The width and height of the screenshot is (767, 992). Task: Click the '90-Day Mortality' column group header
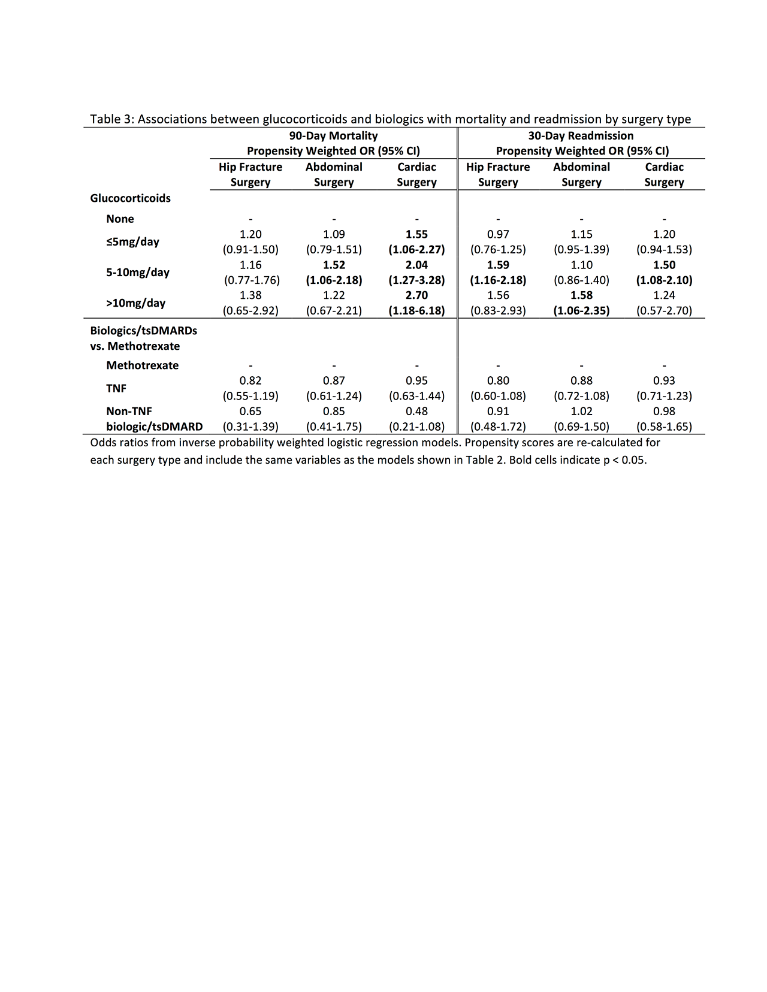tap(333, 136)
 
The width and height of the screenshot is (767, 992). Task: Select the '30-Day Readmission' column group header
tap(581, 136)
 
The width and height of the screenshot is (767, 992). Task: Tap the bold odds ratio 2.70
tap(416, 295)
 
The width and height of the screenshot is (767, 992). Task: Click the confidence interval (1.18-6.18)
tap(416, 310)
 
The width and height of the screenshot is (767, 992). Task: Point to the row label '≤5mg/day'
tap(132, 242)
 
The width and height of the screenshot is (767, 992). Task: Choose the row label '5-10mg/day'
tap(138, 273)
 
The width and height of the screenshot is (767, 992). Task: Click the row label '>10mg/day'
tap(135, 303)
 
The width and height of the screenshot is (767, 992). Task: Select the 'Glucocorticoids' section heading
tap(130, 198)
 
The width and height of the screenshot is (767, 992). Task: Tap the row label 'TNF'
tap(116, 388)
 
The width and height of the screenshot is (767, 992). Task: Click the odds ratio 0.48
tap(416, 411)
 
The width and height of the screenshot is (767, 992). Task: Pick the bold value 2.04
tap(416, 265)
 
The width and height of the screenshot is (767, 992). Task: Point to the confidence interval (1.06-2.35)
tap(581, 310)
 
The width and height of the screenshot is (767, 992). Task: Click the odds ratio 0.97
tap(498, 234)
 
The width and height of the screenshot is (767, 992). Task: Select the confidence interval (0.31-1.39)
tap(250, 427)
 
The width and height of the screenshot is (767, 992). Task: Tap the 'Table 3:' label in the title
tap(112, 119)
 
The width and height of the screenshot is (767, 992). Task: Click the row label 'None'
tap(120, 219)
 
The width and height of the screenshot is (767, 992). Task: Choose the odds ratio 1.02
tap(581, 411)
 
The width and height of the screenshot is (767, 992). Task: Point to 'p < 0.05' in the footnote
tap(624, 460)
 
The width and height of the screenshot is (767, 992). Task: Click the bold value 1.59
tap(498, 265)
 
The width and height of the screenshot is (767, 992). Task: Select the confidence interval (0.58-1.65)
tap(664, 427)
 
